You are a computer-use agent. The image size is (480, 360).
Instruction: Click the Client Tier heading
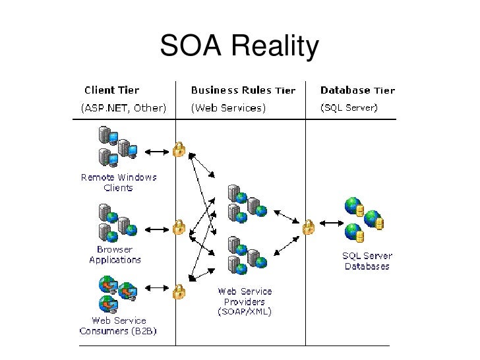click(x=111, y=90)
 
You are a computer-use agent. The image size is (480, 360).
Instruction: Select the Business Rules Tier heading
click(x=243, y=90)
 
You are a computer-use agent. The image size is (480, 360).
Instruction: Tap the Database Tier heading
click(x=357, y=90)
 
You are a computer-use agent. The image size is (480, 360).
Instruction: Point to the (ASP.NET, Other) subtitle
click(x=123, y=107)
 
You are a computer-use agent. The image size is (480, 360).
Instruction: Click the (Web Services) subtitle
click(x=228, y=107)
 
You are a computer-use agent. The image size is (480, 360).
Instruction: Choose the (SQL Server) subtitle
click(x=349, y=107)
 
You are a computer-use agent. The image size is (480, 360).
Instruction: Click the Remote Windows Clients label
click(x=119, y=182)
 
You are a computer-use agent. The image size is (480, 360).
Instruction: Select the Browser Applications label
click(x=115, y=255)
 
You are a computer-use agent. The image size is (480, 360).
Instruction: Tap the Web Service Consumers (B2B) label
click(x=119, y=325)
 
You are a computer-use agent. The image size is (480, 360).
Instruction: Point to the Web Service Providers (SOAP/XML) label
click(x=245, y=301)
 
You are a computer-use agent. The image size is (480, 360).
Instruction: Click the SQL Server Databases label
click(x=367, y=261)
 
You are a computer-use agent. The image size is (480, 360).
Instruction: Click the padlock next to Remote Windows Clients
click(x=178, y=150)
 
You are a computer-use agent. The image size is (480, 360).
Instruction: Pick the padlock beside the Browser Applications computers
click(x=178, y=228)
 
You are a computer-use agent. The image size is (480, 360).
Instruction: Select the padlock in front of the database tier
click(x=308, y=227)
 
